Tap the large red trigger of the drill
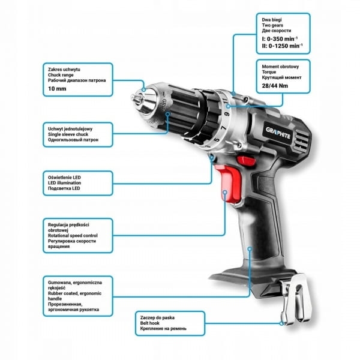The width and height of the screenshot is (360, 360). coord(228,183)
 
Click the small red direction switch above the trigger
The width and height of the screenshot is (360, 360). coord(246,160)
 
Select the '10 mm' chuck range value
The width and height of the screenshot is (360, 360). coord(57,89)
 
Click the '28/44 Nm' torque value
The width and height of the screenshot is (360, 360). coord(275,86)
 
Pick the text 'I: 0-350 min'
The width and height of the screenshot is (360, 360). coord(280,38)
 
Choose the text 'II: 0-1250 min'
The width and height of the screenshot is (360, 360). coord(282,46)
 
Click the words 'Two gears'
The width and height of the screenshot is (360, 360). coord(272,25)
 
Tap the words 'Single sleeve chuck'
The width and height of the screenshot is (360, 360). coord(68,134)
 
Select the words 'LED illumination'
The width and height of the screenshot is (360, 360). coord(65,183)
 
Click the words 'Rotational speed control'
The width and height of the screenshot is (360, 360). coord(73,236)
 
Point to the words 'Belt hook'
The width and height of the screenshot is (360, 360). coord(149,323)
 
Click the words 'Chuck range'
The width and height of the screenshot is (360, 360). coord(61,75)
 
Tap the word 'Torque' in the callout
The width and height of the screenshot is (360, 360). coord(269,72)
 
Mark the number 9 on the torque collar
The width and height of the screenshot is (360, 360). coord(227,114)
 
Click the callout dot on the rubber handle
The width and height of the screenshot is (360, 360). coord(250,248)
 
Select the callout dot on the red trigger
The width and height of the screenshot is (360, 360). coord(225,192)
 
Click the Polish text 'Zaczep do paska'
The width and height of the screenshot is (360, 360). coord(157,317)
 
